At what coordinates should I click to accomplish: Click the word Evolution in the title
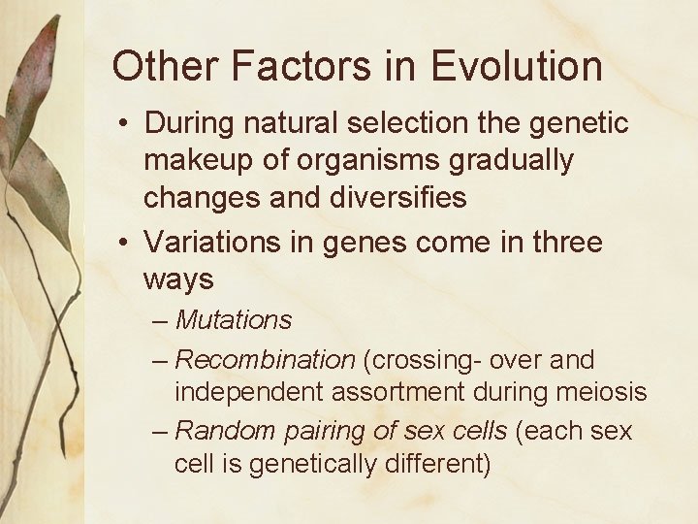(517, 67)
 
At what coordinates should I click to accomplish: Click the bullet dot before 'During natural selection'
(126, 125)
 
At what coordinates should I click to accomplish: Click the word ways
(178, 280)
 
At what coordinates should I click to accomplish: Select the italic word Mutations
(234, 319)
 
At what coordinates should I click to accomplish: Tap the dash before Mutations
(161, 320)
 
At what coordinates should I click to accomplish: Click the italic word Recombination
(265, 360)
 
